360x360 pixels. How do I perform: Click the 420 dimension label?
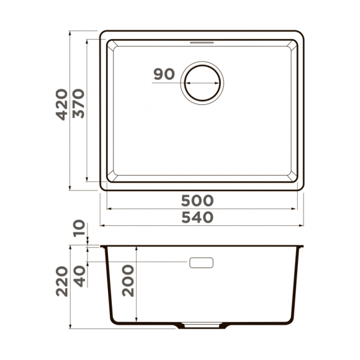tap(61, 106)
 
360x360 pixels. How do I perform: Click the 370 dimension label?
tap(78, 106)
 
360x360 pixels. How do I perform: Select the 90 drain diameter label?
tap(163, 74)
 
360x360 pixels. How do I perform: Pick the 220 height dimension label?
tap(61, 282)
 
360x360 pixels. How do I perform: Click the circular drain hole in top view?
tap(202, 81)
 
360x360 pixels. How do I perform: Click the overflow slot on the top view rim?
tap(202, 42)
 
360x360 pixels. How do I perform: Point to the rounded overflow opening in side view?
tap(202, 262)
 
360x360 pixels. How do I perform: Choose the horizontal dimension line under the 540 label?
tap(202, 227)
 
